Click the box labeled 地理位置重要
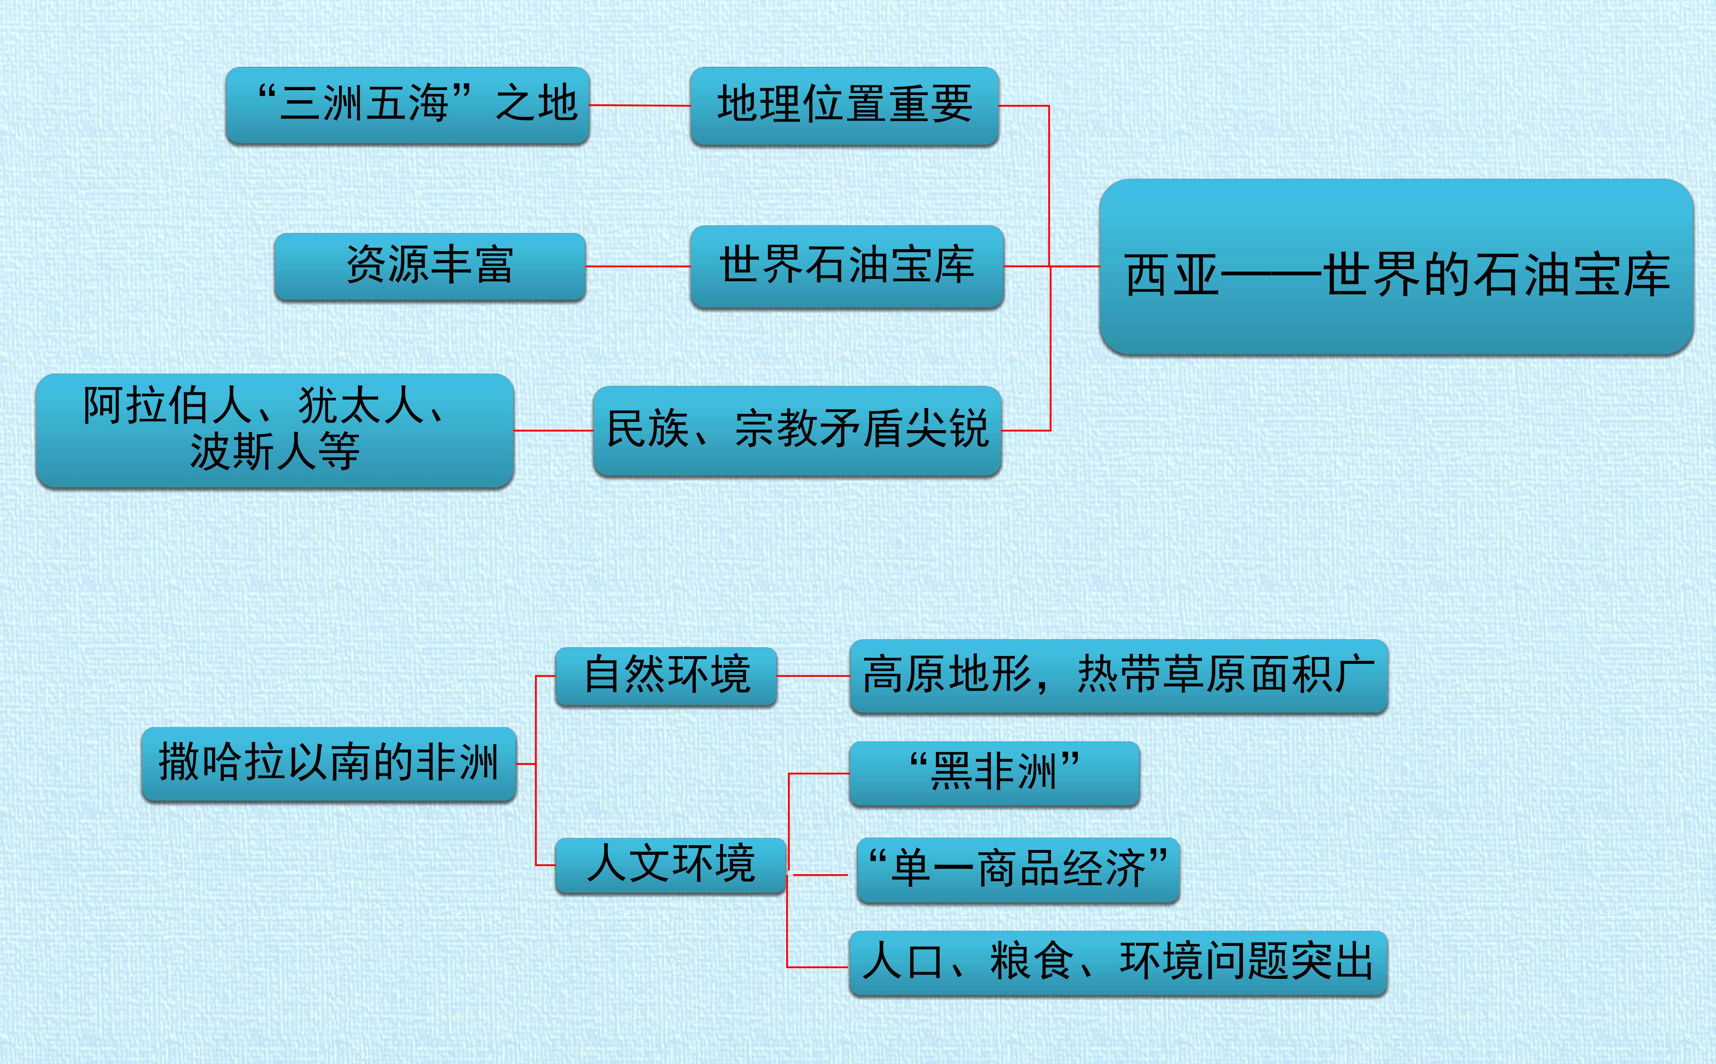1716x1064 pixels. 844,106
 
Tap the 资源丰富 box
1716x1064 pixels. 430,267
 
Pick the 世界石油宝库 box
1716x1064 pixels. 847,267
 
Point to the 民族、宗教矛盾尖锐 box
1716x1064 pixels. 797,431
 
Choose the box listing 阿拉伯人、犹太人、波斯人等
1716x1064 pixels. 274,431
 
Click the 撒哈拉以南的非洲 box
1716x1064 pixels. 329,764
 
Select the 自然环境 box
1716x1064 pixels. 666,676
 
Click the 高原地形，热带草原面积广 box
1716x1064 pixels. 1119,676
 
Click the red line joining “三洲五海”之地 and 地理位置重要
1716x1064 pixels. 639,106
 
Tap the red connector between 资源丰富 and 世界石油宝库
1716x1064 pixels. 637,267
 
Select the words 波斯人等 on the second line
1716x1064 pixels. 274,451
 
